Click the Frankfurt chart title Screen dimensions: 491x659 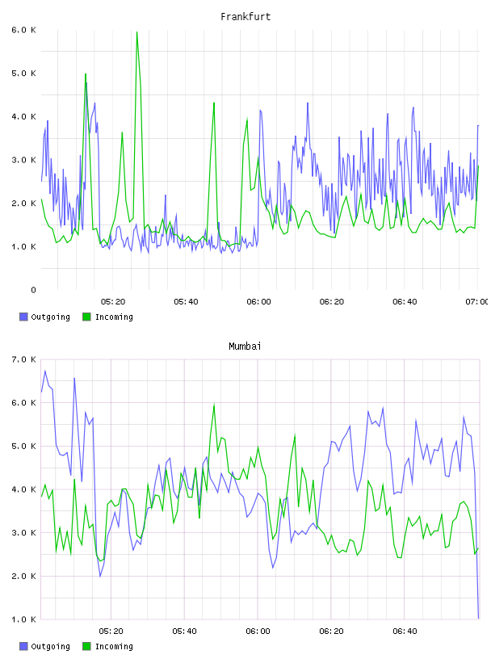245,17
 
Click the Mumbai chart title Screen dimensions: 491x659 245,346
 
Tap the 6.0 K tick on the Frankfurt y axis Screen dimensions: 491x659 24,30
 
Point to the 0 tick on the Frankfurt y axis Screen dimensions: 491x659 33,290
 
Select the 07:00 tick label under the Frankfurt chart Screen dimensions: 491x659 476,302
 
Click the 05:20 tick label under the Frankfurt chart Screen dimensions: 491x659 113,302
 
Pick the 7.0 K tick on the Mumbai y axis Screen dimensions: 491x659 24,359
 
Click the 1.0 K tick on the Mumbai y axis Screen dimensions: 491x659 24,619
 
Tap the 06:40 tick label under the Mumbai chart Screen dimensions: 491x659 405,632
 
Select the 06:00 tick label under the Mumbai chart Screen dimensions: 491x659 258,632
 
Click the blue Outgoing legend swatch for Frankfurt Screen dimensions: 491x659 23,317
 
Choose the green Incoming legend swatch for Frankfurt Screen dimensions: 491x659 86,317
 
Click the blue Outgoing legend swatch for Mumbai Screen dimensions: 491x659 23,646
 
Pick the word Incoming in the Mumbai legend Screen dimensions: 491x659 114,646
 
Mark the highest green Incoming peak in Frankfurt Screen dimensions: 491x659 137,32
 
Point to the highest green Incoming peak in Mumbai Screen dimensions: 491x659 214,405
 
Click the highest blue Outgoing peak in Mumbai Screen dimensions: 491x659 45,371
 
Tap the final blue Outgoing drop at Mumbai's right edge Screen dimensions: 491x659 478,618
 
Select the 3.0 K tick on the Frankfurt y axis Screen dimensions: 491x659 24,160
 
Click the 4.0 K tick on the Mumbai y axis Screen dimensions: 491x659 24,489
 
